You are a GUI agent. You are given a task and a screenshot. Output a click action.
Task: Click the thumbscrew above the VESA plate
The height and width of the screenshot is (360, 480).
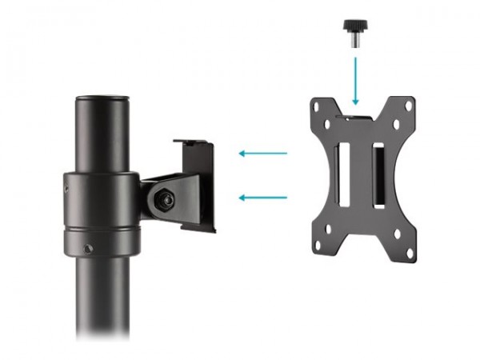click(x=352, y=34)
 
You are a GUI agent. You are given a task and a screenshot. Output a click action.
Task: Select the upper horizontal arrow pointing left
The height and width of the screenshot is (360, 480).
click(x=264, y=153)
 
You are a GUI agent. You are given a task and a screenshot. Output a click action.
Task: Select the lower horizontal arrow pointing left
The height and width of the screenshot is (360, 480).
click(x=264, y=197)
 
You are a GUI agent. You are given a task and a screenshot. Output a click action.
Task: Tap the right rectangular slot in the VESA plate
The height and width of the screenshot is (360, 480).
click(x=378, y=174)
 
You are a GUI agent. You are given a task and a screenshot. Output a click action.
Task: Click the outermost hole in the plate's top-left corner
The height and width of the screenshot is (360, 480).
click(x=318, y=103)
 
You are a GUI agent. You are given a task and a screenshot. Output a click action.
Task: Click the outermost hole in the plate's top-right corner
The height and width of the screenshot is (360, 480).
click(x=410, y=105)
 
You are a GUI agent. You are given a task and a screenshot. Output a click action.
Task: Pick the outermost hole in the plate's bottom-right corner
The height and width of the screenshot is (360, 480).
click(x=410, y=254)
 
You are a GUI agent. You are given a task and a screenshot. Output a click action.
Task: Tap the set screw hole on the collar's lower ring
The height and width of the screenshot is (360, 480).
click(x=87, y=249)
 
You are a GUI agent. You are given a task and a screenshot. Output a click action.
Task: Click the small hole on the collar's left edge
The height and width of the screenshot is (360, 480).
click(x=66, y=190)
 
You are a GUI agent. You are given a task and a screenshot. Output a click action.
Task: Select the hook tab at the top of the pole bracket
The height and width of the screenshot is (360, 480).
click(x=194, y=143)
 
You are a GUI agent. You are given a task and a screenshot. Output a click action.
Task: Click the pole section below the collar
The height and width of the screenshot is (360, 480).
click(x=102, y=296)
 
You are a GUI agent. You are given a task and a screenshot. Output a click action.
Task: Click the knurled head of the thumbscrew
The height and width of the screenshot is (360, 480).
click(x=352, y=27)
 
